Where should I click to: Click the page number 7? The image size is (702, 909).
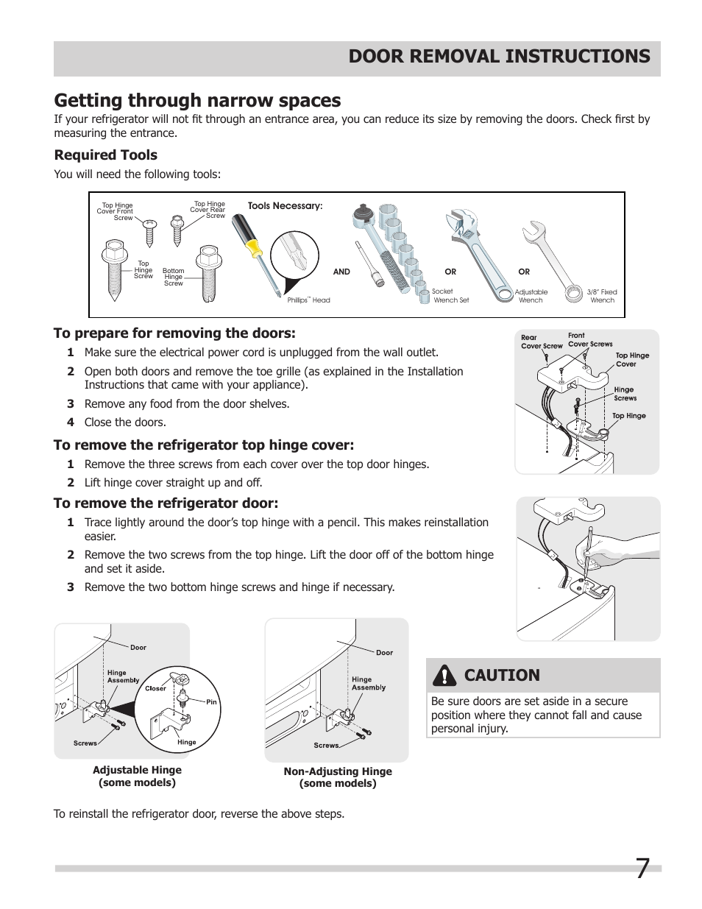click(x=642, y=869)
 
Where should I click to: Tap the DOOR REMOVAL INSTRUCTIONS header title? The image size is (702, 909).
click(x=499, y=57)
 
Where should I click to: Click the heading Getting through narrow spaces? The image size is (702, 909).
click(x=197, y=100)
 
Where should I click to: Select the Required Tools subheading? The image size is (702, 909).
click(x=105, y=155)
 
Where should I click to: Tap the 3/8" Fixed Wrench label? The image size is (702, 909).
click(x=602, y=296)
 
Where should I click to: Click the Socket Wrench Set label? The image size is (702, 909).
click(x=450, y=296)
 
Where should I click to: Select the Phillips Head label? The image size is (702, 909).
click(x=308, y=300)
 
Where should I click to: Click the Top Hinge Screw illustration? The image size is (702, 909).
click(x=113, y=269)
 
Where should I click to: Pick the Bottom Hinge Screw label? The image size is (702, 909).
click(x=174, y=277)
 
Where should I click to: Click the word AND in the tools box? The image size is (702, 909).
click(x=341, y=272)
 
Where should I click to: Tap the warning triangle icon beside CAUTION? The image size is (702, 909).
click(x=444, y=675)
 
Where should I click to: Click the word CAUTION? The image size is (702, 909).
click(x=502, y=675)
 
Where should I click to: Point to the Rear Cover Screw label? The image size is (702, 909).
click(x=541, y=342)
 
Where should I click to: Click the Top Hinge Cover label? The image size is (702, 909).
click(x=631, y=359)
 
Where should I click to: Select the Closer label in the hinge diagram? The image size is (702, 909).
click(x=155, y=688)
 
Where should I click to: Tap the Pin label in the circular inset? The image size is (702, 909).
click(x=211, y=701)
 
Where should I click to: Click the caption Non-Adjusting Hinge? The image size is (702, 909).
click(x=338, y=771)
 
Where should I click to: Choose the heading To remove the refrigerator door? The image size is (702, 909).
click(x=166, y=503)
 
